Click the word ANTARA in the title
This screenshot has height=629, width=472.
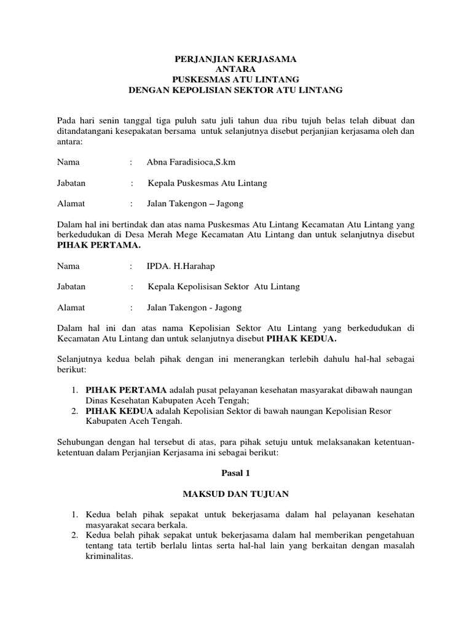click(x=235, y=69)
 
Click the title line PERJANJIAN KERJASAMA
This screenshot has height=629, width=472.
click(x=235, y=59)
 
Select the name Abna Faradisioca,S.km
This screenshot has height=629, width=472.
click(x=191, y=163)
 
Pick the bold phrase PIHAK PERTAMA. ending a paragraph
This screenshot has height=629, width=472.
click(x=99, y=245)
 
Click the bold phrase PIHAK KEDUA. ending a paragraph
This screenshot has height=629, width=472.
click(x=302, y=338)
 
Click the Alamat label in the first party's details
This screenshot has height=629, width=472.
click(x=71, y=203)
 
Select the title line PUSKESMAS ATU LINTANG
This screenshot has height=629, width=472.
click(x=235, y=80)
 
